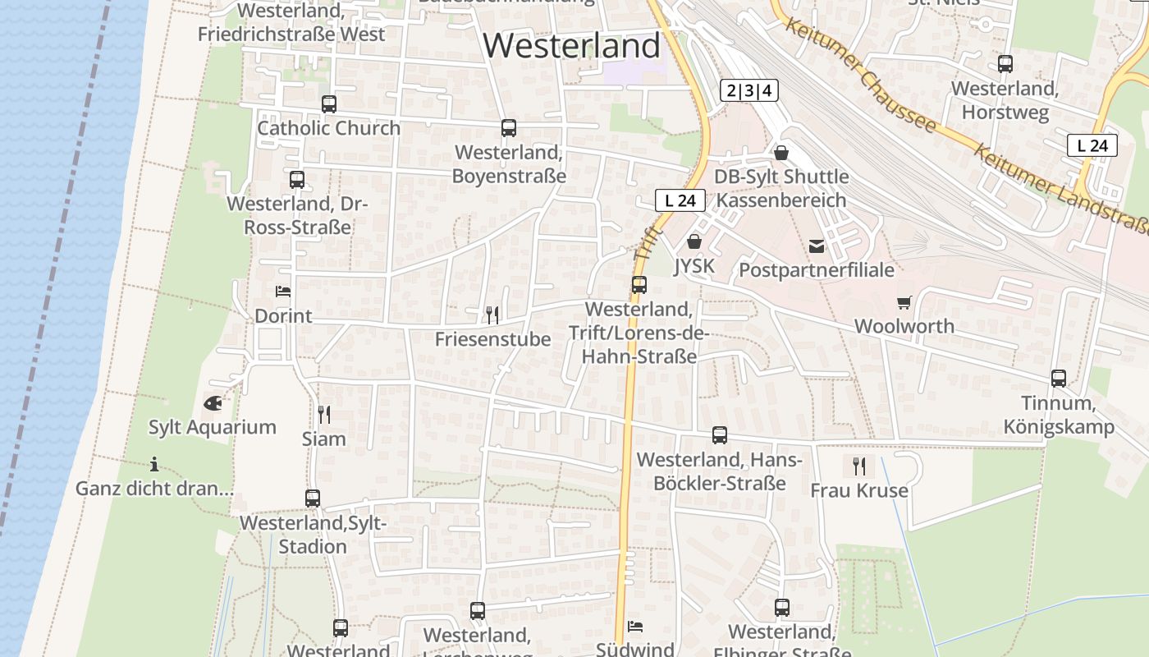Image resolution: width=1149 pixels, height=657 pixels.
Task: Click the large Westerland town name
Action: click(571, 45)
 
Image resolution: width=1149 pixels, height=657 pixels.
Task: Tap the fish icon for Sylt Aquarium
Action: click(213, 403)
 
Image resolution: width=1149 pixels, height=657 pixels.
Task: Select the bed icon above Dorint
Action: click(283, 292)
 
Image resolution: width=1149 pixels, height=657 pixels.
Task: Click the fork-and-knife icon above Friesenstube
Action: click(492, 315)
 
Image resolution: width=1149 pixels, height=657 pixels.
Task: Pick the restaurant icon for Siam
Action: click(324, 415)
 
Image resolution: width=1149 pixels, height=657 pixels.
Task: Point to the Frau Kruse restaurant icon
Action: click(859, 466)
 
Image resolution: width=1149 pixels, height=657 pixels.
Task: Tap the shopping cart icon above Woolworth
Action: click(904, 302)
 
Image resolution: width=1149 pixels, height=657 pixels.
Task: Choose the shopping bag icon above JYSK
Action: click(694, 241)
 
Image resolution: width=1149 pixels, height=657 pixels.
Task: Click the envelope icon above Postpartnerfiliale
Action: click(817, 246)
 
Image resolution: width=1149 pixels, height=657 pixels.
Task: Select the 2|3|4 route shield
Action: click(748, 90)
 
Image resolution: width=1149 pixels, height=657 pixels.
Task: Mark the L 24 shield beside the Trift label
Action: click(680, 200)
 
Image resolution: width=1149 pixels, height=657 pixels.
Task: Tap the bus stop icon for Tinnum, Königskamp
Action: click(1059, 379)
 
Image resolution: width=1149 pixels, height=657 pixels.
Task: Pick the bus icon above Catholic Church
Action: click(329, 104)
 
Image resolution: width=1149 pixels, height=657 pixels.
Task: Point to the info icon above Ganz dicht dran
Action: click(153, 464)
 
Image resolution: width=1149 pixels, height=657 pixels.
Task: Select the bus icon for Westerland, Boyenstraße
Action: click(509, 128)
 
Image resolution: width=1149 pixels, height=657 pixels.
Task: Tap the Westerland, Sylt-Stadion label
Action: click(313, 535)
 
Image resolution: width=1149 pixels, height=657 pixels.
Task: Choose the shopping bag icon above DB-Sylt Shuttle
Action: click(780, 153)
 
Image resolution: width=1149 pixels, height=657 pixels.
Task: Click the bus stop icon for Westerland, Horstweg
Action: click(1005, 64)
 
